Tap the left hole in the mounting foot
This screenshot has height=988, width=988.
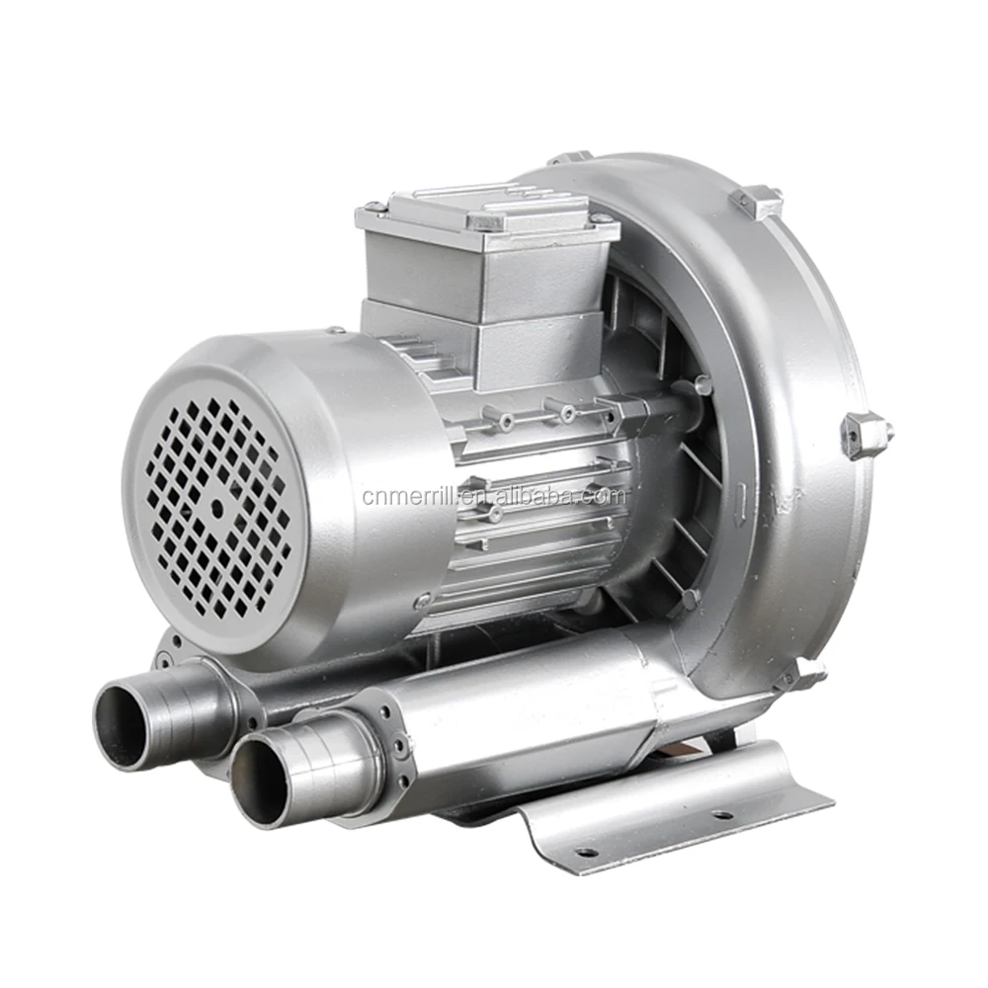(x=586, y=851)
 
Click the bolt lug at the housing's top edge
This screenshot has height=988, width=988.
(x=571, y=158)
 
